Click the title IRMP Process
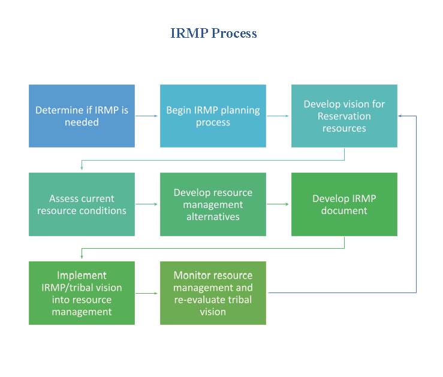pos(213,33)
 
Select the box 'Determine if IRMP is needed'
pos(82,116)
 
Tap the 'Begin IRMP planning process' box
pos(213,116)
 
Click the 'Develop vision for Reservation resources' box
pos(344,116)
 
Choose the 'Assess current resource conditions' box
pos(82,204)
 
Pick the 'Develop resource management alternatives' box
pos(213,204)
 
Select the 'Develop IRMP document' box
pos(344,204)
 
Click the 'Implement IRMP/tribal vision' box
pos(82,293)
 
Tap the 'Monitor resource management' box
pos(213,293)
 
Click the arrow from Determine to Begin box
pos(146,116)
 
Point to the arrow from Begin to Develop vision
pos(278,116)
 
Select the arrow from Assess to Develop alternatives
pos(146,204)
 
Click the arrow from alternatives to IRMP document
pos(278,204)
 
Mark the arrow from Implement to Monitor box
pos(146,293)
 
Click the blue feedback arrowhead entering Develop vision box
pos(400,116)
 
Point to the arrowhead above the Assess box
pos(82,168)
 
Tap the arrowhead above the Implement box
pos(82,257)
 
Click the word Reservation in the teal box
pos(344,116)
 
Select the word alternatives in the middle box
pos(213,216)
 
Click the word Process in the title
pos(234,33)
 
